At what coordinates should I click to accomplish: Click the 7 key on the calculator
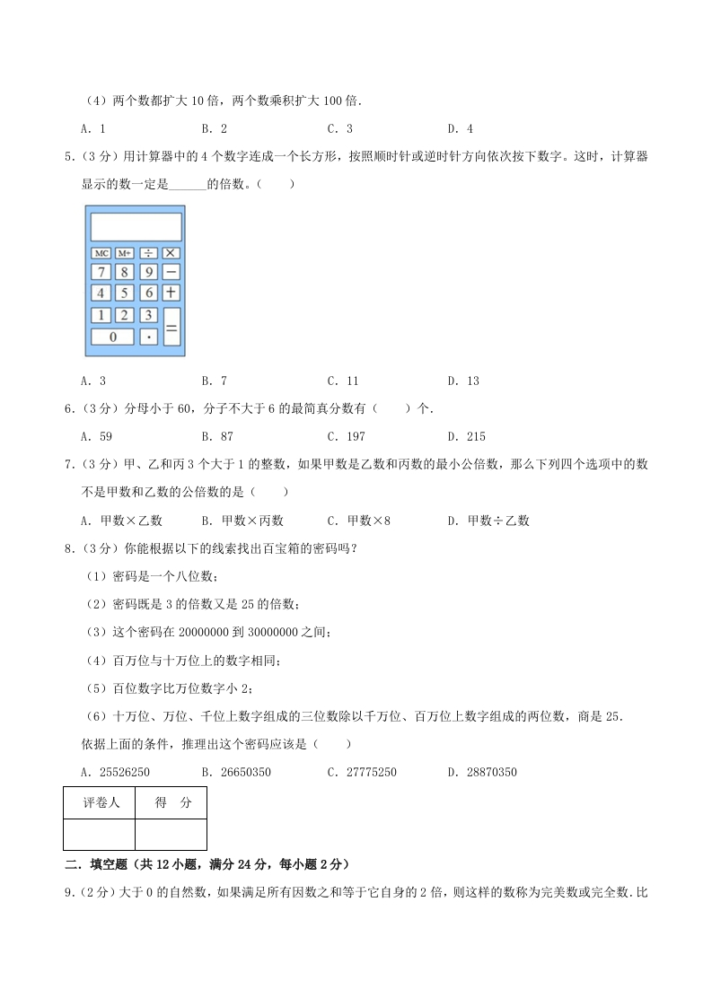pos(101,271)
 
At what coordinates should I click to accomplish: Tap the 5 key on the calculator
pos(125,293)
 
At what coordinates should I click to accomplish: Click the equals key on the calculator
pos(171,326)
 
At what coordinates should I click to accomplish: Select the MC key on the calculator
pos(101,253)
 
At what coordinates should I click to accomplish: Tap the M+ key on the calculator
pos(125,253)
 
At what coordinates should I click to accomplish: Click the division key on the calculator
pos(148,253)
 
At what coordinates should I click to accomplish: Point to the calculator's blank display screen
pos(136,226)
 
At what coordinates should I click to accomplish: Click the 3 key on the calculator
pos(148,315)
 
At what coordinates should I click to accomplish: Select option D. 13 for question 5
pos(463,381)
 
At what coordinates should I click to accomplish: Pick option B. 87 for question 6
pos(218,436)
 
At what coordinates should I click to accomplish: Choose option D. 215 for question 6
pos(467,436)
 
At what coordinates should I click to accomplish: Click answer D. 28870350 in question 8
pos(482,772)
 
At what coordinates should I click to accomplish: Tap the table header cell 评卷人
pos(100,803)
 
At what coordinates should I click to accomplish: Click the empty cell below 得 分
pos(171,834)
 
